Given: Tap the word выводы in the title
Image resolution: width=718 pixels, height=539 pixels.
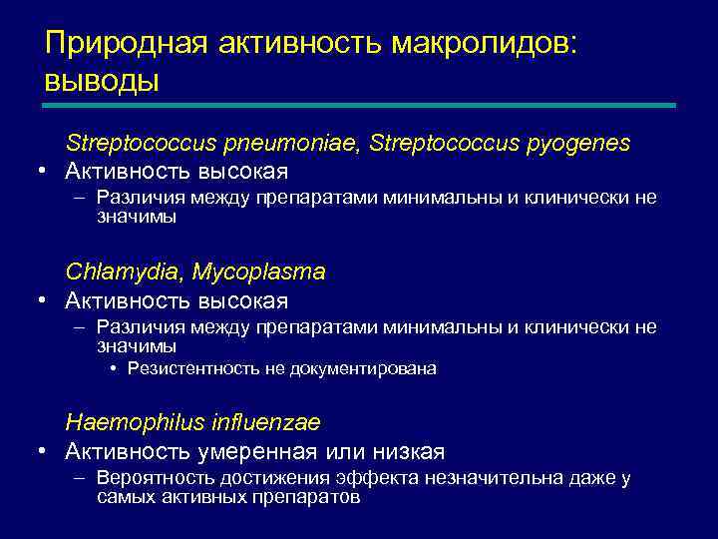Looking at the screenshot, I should [101, 80].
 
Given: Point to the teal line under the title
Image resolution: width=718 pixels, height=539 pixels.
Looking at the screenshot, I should [359, 105].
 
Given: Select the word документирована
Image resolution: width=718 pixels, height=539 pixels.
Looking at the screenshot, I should [363, 368].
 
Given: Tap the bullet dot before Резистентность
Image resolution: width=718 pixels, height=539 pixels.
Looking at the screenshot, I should [114, 368].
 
